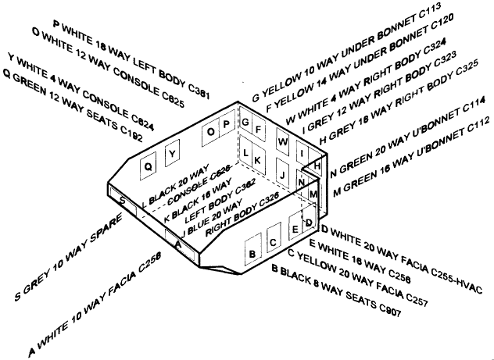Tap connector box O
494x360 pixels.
[212, 132]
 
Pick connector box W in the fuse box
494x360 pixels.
[282, 144]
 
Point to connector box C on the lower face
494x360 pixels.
[273, 242]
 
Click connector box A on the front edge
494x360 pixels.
[178, 244]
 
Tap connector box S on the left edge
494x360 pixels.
[123, 200]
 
